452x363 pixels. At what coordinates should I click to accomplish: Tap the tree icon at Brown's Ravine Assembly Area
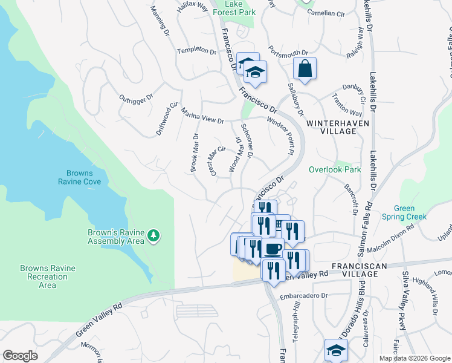point(154,235)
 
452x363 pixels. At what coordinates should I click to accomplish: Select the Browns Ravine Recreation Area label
point(47,276)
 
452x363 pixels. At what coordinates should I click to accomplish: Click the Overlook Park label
point(335,170)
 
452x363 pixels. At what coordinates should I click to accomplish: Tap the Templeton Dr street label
point(196,51)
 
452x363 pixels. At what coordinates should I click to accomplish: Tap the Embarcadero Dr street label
point(303,296)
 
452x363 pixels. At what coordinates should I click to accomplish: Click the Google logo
point(21,355)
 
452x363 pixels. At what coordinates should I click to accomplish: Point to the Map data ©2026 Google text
point(414,358)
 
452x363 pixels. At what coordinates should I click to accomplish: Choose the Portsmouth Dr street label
point(288,53)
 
